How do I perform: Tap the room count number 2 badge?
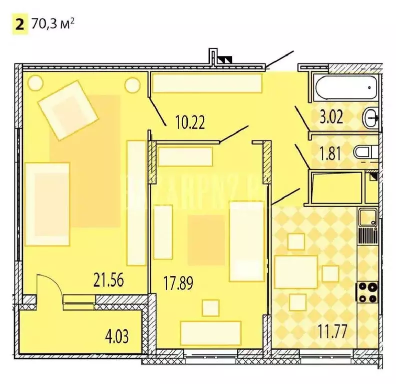pos(19,24)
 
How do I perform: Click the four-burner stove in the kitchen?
pos(366,292)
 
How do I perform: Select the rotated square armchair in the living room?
pos(68,111)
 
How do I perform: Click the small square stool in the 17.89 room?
pos(210,307)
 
